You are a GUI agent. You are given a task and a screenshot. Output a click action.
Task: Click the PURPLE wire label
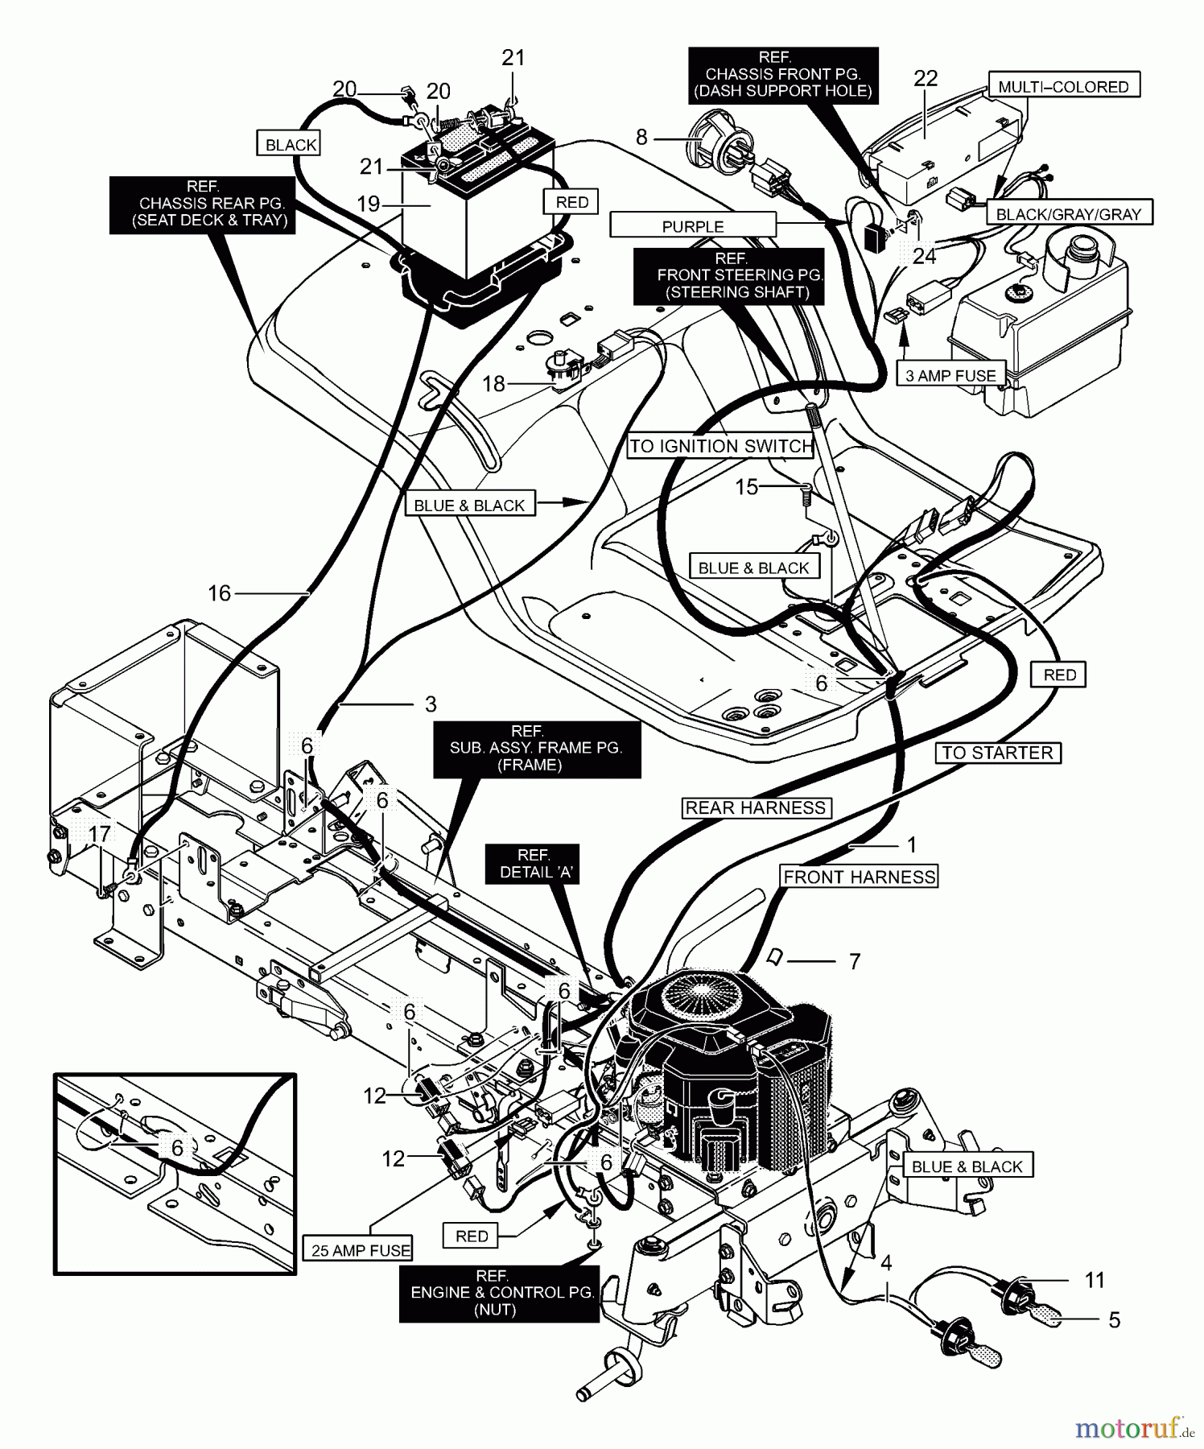click(x=693, y=226)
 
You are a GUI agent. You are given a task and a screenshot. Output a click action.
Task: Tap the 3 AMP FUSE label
click(x=950, y=375)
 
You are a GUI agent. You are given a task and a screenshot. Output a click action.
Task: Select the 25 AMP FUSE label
click(x=361, y=1250)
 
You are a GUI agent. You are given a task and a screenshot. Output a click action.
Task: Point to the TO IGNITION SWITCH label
click(x=721, y=446)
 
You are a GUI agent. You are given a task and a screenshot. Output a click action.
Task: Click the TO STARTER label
click(x=997, y=753)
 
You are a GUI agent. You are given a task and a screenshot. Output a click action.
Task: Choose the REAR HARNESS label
click(x=756, y=807)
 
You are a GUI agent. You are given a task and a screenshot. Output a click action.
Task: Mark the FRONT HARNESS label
click(x=860, y=877)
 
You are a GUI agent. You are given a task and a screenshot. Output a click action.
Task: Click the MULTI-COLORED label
click(x=1063, y=86)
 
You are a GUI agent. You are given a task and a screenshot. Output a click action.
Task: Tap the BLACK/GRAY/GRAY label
click(x=1069, y=213)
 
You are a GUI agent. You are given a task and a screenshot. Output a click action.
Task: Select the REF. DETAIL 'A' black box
click(x=533, y=864)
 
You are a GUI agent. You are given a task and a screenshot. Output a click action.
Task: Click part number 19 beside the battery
click(x=368, y=204)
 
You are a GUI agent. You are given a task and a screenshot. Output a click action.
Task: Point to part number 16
click(x=219, y=593)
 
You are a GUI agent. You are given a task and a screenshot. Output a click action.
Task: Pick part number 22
click(x=926, y=78)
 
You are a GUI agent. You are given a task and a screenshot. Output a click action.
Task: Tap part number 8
click(x=641, y=137)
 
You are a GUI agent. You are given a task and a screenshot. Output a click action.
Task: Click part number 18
click(x=493, y=383)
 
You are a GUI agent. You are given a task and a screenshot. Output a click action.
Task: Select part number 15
click(x=747, y=486)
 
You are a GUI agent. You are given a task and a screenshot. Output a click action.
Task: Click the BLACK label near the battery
click(x=291, y=145)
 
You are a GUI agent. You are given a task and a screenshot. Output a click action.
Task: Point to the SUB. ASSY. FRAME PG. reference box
click(x=536, y=749)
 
